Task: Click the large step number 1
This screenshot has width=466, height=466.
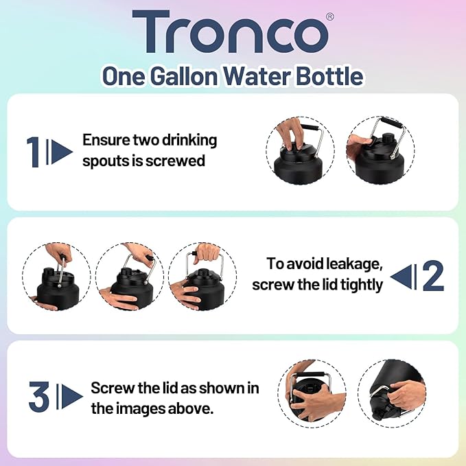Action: (x=33, y=152)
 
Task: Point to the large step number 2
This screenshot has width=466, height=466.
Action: (x=432, y=276)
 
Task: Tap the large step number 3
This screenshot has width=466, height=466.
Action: (x=39, y=397)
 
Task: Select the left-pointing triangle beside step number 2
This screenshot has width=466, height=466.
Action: (x=402, y=276)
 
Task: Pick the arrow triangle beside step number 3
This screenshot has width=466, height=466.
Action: (x=71, y=397)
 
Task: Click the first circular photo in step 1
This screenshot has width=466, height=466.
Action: (x=300, y=151)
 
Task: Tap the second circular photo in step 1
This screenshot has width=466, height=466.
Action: (x=380, y=151)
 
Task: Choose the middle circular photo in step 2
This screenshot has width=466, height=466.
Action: (x=128, y=277)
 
